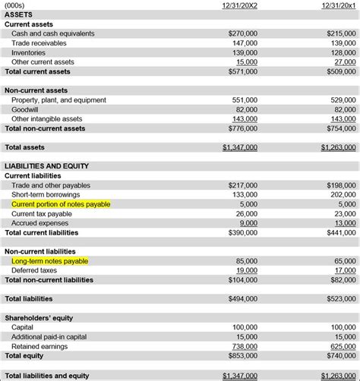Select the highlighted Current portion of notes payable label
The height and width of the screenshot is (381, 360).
[61, 204]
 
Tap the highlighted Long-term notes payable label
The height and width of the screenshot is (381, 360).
[50, 261]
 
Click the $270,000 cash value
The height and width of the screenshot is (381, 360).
[242, 33]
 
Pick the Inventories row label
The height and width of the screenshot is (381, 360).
[29, 52]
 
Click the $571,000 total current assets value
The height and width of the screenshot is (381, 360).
[242, 71]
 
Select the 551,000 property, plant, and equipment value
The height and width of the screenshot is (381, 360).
[245, 100]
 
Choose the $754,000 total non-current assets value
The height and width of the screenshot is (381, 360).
[339, 128]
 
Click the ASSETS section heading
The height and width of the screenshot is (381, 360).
[19, 14]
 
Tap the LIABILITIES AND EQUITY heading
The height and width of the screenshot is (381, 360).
[47, 166]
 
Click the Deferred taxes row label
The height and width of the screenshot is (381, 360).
[35, 270]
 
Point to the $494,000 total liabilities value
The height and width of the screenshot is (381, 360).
[242, 299]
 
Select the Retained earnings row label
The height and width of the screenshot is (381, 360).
[39, 346]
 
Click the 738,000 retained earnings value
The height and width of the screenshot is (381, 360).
[245, 346]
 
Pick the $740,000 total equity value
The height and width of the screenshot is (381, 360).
[339, 355]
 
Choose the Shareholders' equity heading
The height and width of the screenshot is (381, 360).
[39, 318]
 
